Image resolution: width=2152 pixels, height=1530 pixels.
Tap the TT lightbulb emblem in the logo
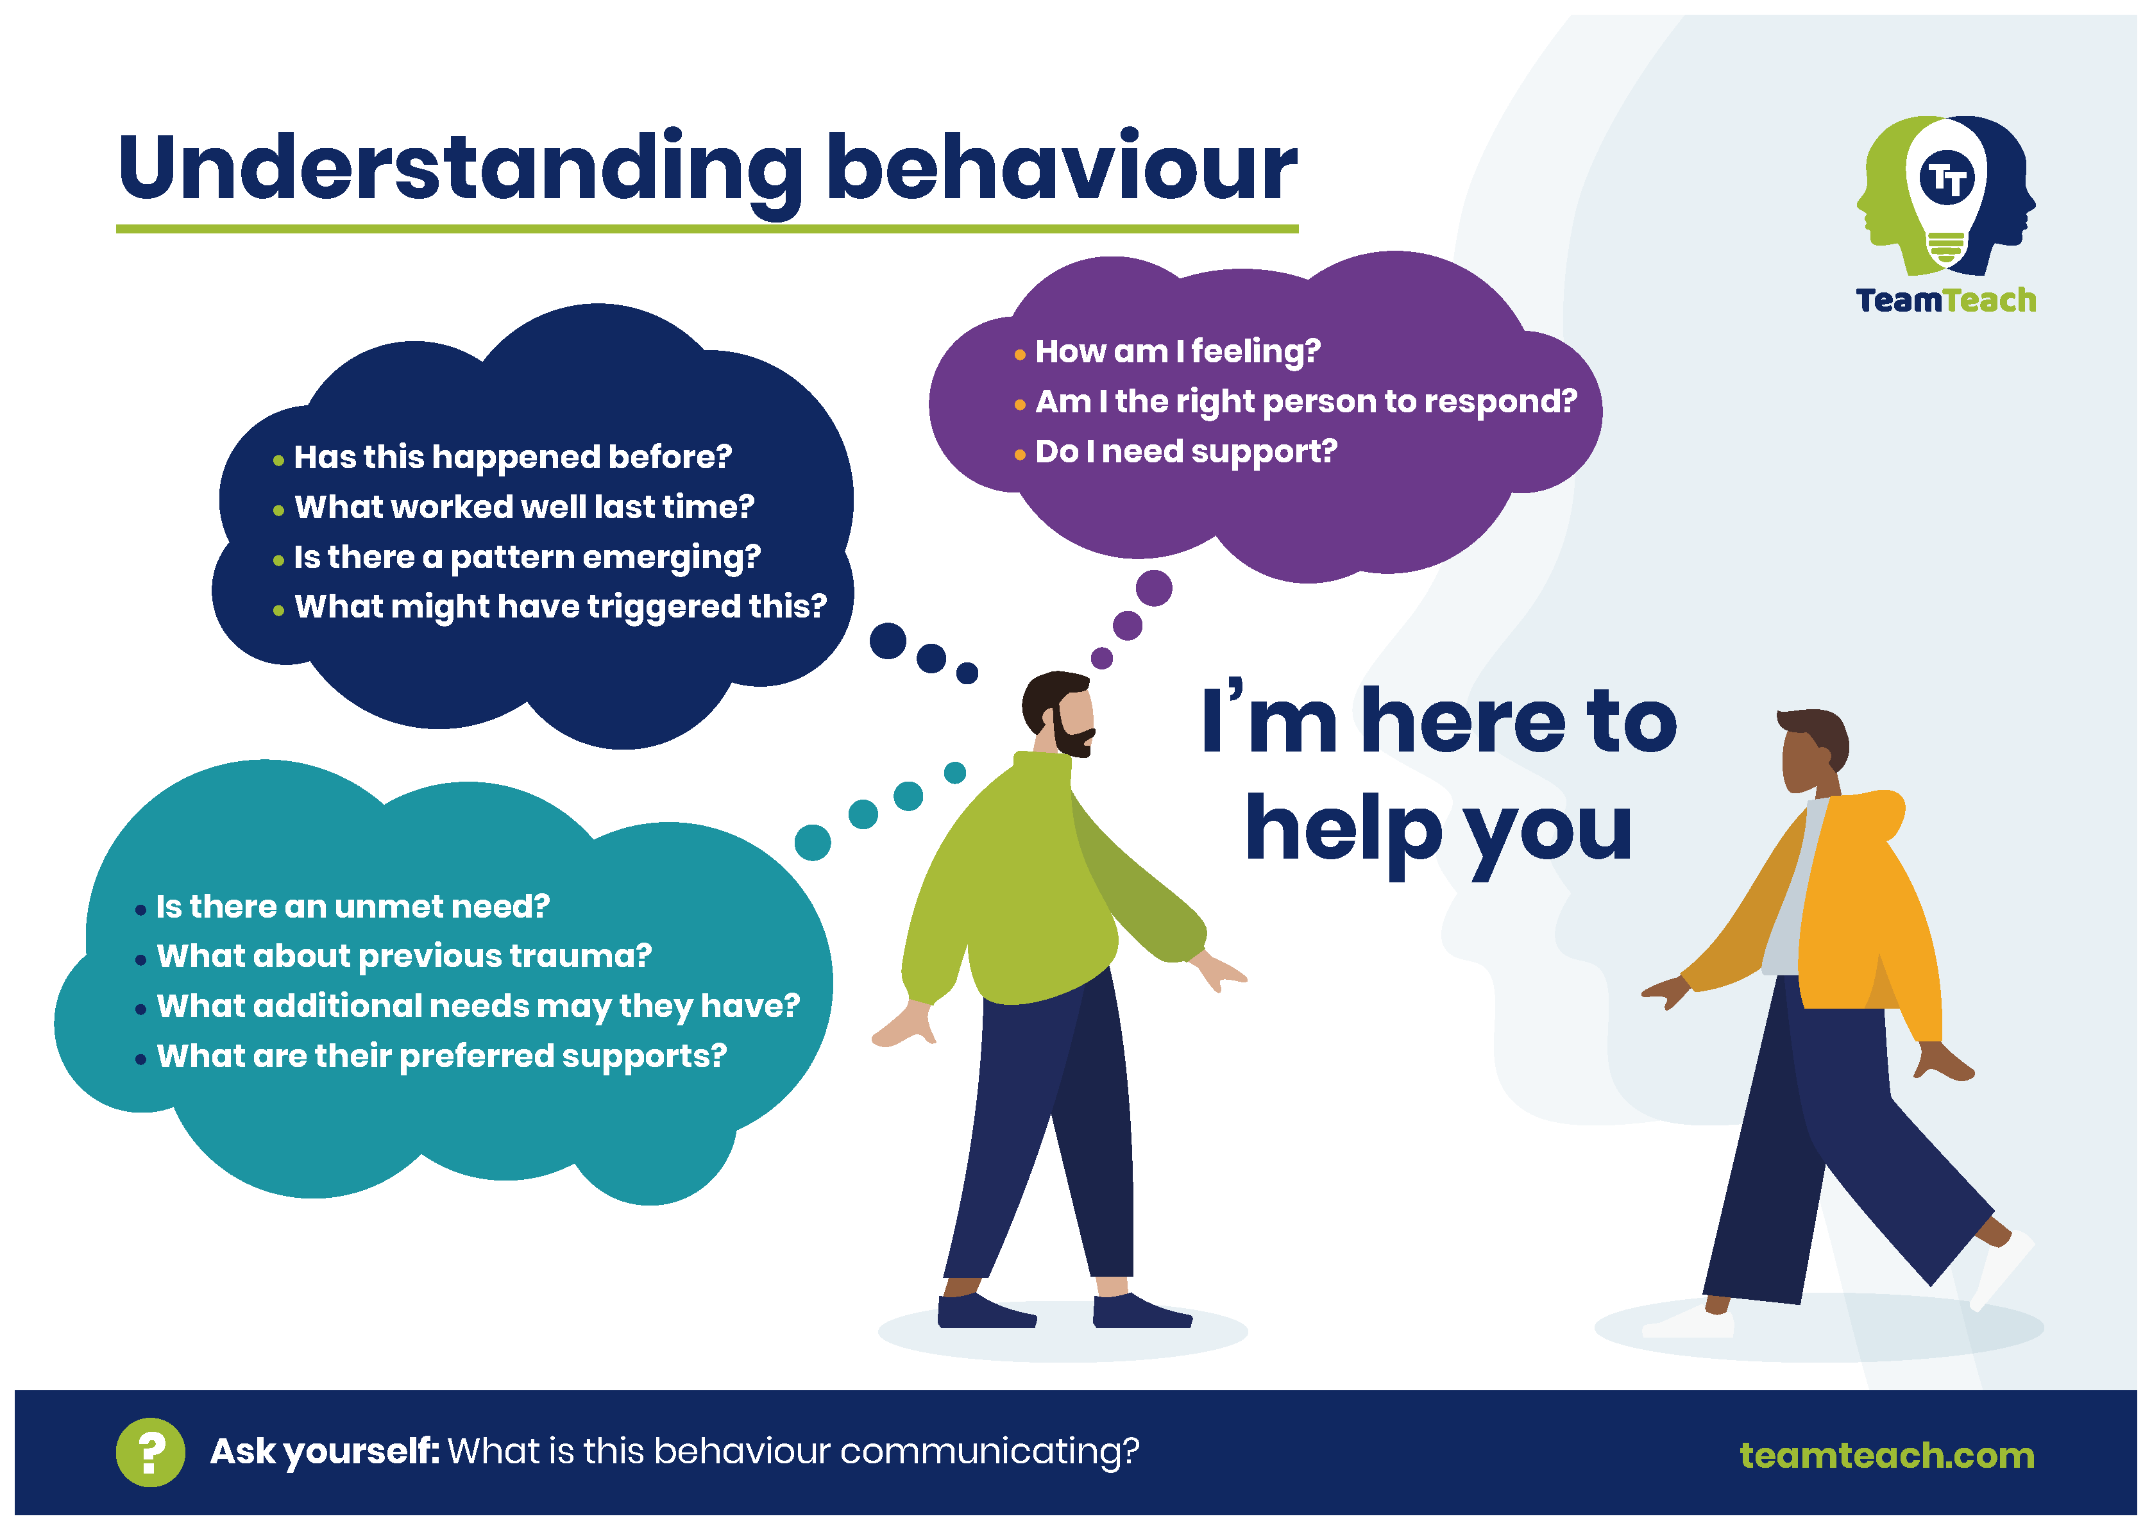[x=1947, y=195]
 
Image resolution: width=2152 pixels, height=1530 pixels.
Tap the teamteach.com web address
[x=1886, y=1456]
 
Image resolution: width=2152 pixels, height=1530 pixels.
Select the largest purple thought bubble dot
[x=1153, y=588]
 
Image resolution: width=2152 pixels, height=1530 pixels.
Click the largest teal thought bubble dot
[x=812, y=842]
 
